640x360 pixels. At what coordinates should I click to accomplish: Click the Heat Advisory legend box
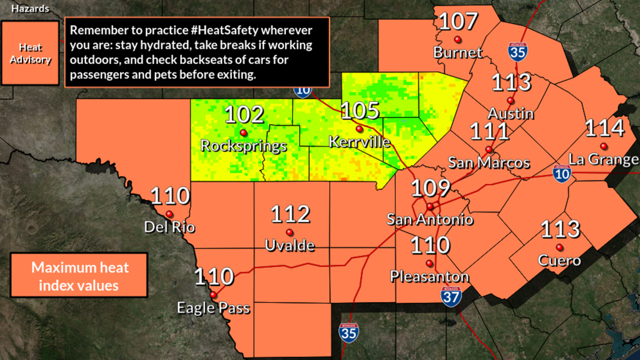pos(30,53)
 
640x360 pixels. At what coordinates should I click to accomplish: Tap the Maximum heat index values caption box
pos(79,276)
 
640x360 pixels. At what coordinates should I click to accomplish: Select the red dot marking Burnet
pos(458,39)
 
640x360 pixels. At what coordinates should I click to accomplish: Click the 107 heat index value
pos(458,22)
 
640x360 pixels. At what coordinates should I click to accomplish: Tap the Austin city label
pos(510,113)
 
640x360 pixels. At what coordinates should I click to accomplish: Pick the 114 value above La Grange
pos(605,129)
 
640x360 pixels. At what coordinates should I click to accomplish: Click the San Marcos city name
pos(488,163)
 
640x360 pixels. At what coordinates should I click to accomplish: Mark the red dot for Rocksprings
pos(244,133)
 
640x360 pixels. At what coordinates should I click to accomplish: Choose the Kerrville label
pos(359,142)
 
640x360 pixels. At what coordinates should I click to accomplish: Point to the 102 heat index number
pos(244,115)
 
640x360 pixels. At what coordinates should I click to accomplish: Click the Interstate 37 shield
pos(451,296)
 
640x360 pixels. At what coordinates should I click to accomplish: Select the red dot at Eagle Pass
pos(213,295)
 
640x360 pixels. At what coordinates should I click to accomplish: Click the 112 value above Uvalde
pos(290,215)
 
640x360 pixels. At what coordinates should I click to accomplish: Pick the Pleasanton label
pos(429,276)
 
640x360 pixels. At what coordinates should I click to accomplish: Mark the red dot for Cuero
pos(559,248)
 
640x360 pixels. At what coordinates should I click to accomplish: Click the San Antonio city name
pos(430,219)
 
